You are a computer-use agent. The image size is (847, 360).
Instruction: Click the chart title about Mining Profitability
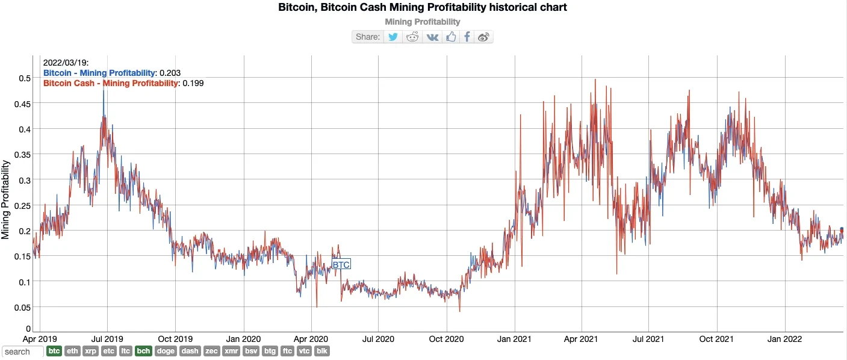[423, 8]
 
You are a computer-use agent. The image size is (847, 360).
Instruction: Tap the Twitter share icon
[393, 37]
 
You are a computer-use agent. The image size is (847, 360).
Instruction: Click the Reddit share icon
[412, 37]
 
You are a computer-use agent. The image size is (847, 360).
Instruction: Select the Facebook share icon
[467, 37]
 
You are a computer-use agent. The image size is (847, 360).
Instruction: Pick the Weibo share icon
[483, 37]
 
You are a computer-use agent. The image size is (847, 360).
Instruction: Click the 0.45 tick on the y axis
[23, 104]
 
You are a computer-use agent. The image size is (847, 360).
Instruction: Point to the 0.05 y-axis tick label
[23, 308]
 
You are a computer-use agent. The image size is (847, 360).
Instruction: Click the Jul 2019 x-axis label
[107, 339]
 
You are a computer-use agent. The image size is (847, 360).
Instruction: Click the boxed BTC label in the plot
[341, 264]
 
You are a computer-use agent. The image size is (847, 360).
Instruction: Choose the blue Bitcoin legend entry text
[99, 73]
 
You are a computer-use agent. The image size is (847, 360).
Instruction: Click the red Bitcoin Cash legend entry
[111, 83]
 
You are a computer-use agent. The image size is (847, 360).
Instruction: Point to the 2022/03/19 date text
[66, 63]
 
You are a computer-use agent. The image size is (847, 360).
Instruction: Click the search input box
[23, 352]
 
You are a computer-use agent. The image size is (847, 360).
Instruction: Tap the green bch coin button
[143, 351]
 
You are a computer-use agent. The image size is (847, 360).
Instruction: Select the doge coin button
[166, 351]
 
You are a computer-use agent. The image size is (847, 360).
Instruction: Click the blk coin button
[323, 351]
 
